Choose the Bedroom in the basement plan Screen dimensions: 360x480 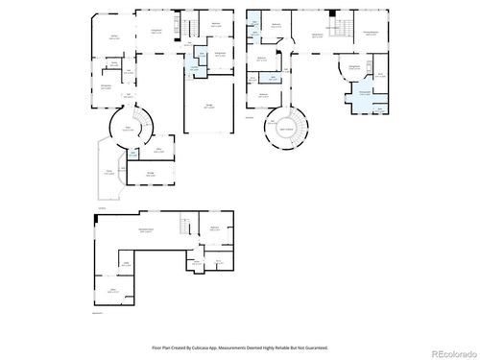[215, 228]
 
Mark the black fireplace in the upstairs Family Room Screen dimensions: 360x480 [331, 14]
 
